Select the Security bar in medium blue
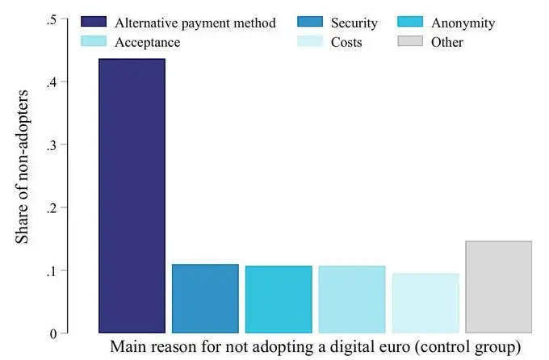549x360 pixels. (x=205, y=299)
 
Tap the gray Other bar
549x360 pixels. (x=498, y=287)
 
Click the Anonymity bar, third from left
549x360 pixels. (x=279, y=299)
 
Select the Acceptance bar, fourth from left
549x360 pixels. (x=352, y=299)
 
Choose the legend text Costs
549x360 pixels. (x=347, y=42)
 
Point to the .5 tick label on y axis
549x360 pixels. (x=52, y=19)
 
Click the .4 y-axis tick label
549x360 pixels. (x=52, y=82)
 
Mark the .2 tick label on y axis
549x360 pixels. (x=52, y=207)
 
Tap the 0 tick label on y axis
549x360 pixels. (x=53, y=333)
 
